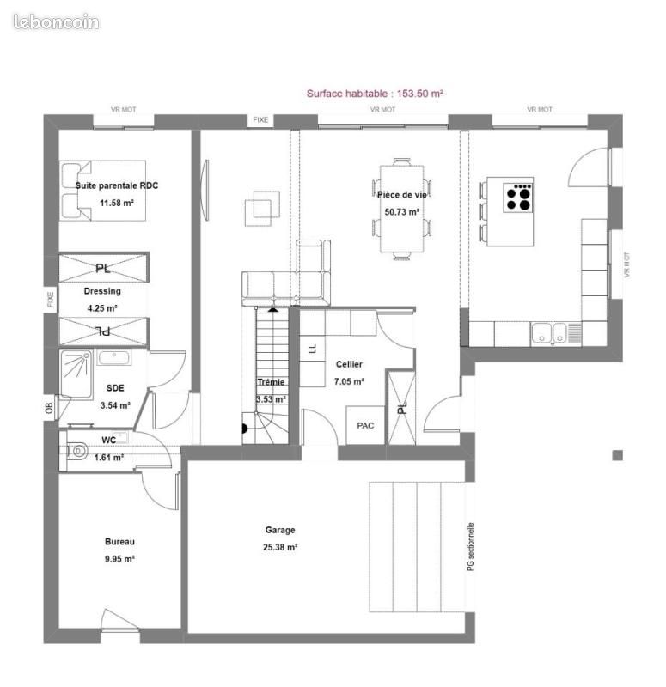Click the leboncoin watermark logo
tap(56, 22)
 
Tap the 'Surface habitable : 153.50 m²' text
tap(375, 94)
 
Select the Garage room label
tap(280, 530)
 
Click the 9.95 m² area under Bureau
tap(119, 559)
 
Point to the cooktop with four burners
tap(518, 198)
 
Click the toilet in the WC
tap(77, 450)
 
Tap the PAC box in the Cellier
tap(366, 425)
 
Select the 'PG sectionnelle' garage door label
tap(470, 546)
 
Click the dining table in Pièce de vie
tap(401, 209)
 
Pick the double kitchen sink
tap(548, 333)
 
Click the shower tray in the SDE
tap(76, 374)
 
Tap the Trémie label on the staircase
tap(271, 382)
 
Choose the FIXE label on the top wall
tap(260, 119)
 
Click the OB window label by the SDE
tap(49, 409)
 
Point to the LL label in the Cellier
tap(312, 349)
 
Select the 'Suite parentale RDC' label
tap(117, 185)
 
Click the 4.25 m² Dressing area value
tap(102, 308)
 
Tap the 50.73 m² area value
tap(401, 212)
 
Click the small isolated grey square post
tap(617, 456)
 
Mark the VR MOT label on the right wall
tap(627, 265)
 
